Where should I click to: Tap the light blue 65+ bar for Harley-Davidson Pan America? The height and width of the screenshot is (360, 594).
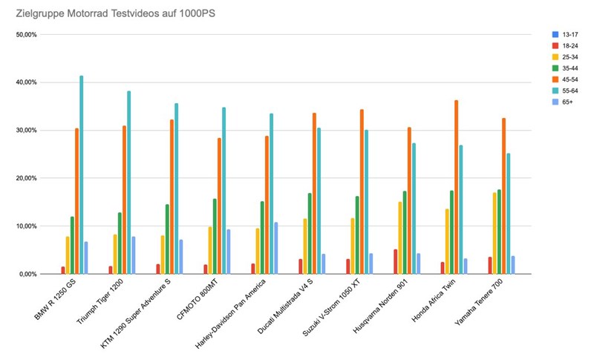[x=275, y=248]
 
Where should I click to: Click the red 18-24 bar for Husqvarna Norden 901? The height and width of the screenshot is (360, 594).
[x=396, y=261]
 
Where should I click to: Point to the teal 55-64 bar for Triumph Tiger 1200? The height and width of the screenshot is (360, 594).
[x=128, y=183]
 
